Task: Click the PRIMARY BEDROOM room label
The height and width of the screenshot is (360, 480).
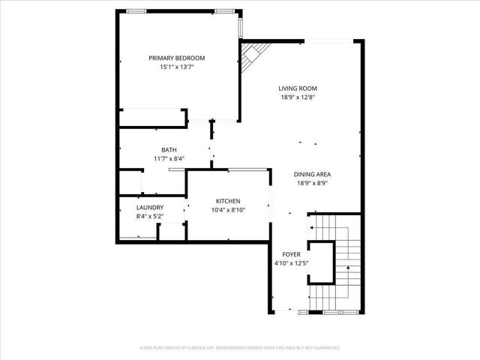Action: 176,58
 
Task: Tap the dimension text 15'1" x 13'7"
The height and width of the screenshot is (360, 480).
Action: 176,67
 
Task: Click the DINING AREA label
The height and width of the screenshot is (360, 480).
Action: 312,174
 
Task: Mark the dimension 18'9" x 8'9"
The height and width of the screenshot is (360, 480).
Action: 312,183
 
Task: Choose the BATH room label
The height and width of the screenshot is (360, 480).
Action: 169,149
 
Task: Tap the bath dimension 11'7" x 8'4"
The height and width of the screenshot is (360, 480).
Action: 169,158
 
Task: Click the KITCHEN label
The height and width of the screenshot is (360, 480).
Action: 228,201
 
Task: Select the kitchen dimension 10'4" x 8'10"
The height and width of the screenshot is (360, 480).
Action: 228,210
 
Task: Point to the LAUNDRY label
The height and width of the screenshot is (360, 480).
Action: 150,208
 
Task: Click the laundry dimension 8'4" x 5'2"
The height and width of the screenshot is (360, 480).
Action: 150,217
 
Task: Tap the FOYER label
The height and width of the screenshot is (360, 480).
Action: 291,254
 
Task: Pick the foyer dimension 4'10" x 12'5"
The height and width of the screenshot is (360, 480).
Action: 291,263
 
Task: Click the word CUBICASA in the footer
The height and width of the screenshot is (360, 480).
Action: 202,348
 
